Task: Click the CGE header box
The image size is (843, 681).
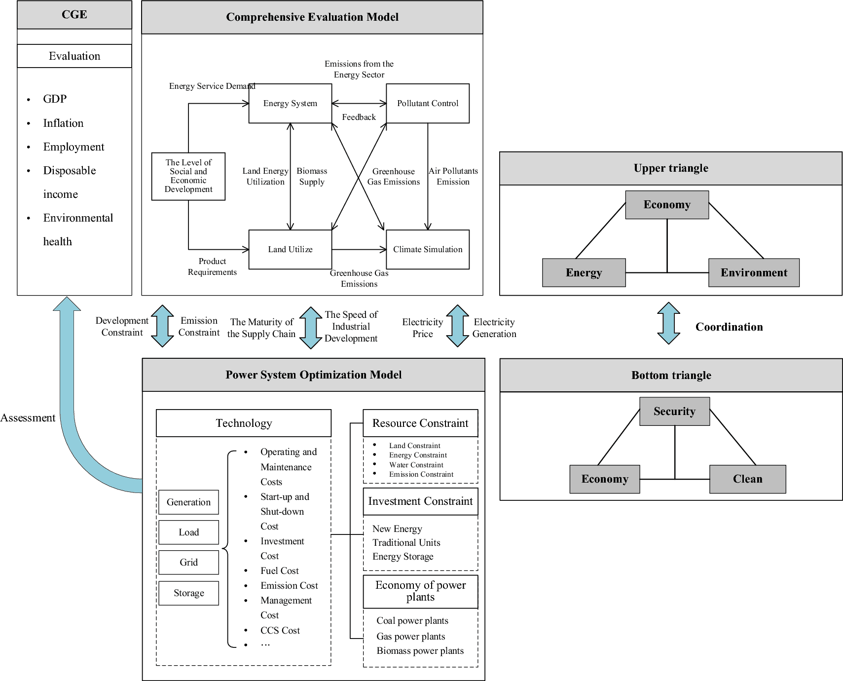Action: tap(74, 15)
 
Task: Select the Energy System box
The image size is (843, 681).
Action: tap(290, 104)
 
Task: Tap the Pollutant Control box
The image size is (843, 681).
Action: tap(428, 104)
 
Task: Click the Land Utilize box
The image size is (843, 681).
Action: tap(290, 250)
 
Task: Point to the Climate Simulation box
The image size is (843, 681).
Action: tap(428, 250)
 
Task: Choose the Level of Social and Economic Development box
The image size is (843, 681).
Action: tap(188, 176)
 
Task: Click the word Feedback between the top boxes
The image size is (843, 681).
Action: tap(359, 117)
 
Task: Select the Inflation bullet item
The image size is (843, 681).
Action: tap(63, 123)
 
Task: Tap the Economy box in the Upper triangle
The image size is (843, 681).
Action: tap(667, 205)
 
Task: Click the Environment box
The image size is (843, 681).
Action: tap(754, 273)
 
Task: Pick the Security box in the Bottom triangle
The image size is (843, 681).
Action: tap(674, 412)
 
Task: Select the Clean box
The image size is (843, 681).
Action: tap(747, 479)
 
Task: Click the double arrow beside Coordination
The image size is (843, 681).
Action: tap(669, 323)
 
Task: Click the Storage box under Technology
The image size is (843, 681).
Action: tap(188, 593)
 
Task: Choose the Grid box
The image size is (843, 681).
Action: tap(188, 563)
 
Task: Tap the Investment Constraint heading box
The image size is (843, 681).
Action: tap(420, 501)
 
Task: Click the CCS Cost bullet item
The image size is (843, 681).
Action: tap(280, 631)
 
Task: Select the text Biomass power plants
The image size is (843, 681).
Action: tap(420, 651)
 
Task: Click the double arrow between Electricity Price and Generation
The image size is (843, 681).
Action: tap(457, 326)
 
